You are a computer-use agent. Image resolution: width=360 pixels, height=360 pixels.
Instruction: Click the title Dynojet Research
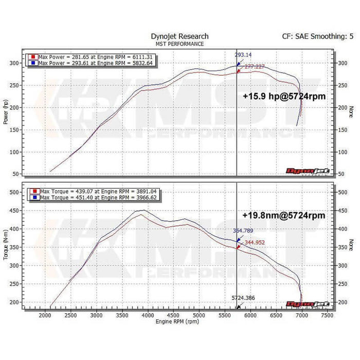click(x=179, y=37)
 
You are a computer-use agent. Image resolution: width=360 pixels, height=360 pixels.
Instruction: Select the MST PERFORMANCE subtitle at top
click(x=179, y=44)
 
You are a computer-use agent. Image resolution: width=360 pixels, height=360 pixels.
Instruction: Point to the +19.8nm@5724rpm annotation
click(x=283, y=215)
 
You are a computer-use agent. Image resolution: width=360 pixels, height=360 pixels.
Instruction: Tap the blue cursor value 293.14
click(x=244, y=55)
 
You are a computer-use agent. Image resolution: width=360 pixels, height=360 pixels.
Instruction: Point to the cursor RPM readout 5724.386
click(x=242, y=298)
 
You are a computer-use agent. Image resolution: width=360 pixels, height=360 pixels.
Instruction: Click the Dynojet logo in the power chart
click(x=315, y=172)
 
